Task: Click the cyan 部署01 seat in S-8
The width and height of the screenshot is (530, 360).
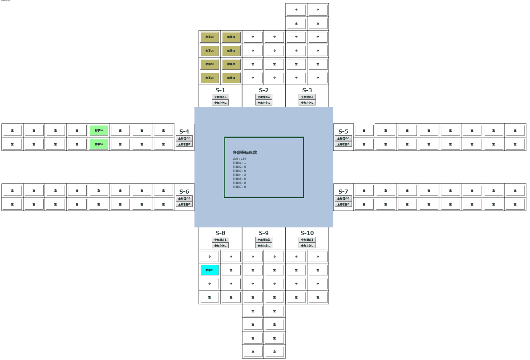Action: tap(210, 270)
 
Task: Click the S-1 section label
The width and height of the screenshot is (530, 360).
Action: tap(220, 90)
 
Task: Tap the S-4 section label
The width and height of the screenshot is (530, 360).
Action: tap(184, 131)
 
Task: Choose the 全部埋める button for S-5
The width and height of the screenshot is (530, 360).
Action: tap(343, 138)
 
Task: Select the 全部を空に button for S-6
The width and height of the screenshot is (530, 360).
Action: tap(184, 204)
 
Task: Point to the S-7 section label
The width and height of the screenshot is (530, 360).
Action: tap(343, 191)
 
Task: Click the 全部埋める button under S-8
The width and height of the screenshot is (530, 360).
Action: tap(220, 240)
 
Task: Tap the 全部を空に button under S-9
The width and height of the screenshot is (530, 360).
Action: tap(264, 246)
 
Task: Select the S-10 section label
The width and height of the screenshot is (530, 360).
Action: tap(307, 233)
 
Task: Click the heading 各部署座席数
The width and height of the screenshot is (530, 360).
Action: tap(244, 152)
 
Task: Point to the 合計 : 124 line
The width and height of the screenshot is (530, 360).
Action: tap(239, 159)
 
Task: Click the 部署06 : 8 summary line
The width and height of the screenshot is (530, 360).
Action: tap(239, 183)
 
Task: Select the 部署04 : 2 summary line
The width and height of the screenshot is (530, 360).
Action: tap(239, 175)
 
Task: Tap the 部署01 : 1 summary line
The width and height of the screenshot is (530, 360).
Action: tap(239, 163)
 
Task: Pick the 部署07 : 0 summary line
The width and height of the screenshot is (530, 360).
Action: tap(239, 187)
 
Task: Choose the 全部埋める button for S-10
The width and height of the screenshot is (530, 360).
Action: tap(307, 240)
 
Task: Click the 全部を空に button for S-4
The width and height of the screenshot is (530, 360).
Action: tap(184, 144)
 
